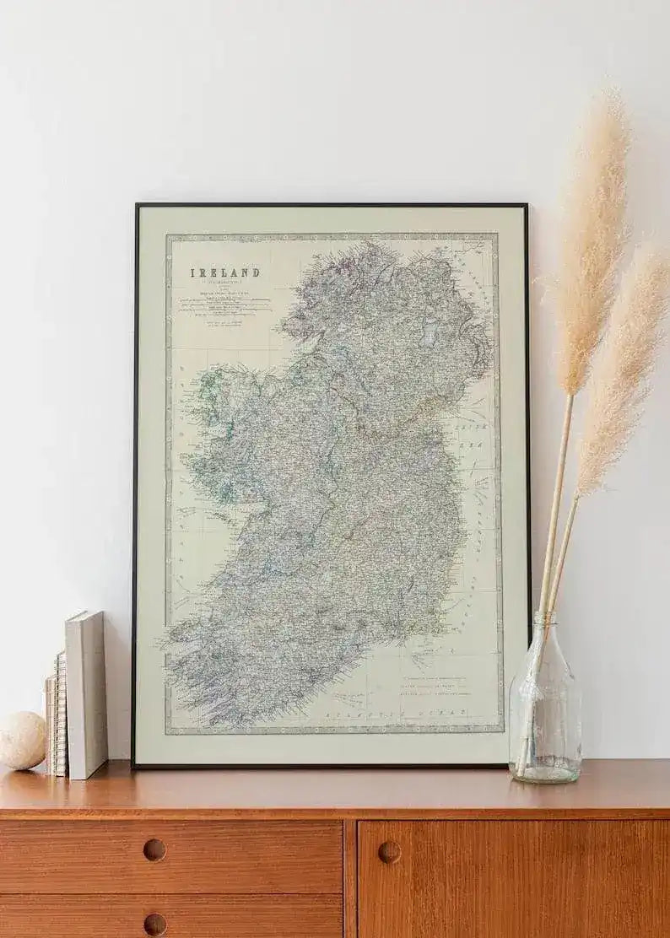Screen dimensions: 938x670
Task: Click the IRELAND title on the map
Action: [x=224, y=272]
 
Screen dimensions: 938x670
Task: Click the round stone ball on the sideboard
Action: [x=21, y=740]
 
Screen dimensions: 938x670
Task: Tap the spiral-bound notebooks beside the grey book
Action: [x=57, y=713]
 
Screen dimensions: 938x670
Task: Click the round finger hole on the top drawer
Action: [x=154, y=849]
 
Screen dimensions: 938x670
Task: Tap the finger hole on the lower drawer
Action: [x=154, y=924]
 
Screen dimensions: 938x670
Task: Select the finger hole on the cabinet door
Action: [x=389, y=852]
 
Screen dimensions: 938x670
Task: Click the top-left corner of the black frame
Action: [x=136, y=206]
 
